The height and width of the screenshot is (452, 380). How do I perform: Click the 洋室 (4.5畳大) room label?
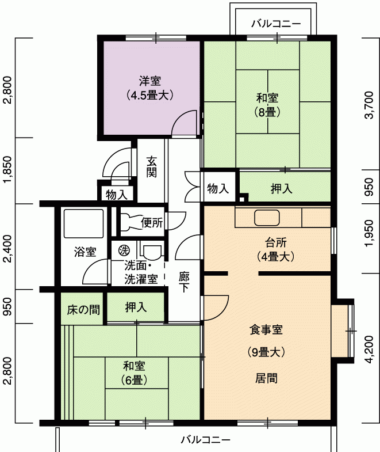(x=150, y=88)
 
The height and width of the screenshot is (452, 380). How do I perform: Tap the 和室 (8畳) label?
(x=267, y=105)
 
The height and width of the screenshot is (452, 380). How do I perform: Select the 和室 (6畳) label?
(x=134, y=373)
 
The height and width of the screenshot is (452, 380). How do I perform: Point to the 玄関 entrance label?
(x=151, y=166)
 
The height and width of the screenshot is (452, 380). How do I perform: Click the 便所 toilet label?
(x=152, y=222)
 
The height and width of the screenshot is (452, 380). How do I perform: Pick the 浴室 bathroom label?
(x=85, y=252)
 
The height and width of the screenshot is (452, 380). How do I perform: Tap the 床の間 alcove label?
(x=83, y=310)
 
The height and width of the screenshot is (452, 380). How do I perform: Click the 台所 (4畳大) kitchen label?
(x=276, y=249)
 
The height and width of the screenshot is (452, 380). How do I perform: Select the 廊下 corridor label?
(x=184, y=282)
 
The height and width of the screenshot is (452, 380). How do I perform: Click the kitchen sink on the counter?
(x=267, y=218)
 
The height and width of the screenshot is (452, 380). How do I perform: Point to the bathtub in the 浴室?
(x=83, y=223)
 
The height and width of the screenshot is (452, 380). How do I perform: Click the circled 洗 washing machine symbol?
(x=124, y=250)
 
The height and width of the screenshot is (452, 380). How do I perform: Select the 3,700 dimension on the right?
(x=369, y=105)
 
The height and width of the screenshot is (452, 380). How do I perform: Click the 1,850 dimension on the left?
(x=8, y=169)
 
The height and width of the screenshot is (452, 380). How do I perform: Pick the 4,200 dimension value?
(x=369, y=349)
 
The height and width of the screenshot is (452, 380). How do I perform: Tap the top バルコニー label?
(x=276, y=24)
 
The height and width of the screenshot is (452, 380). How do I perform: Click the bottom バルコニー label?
(x=206, y=440)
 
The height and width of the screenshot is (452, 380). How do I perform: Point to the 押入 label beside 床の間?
(x=136, y=307)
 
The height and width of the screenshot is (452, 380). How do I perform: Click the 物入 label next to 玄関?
(x=117, y=195)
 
